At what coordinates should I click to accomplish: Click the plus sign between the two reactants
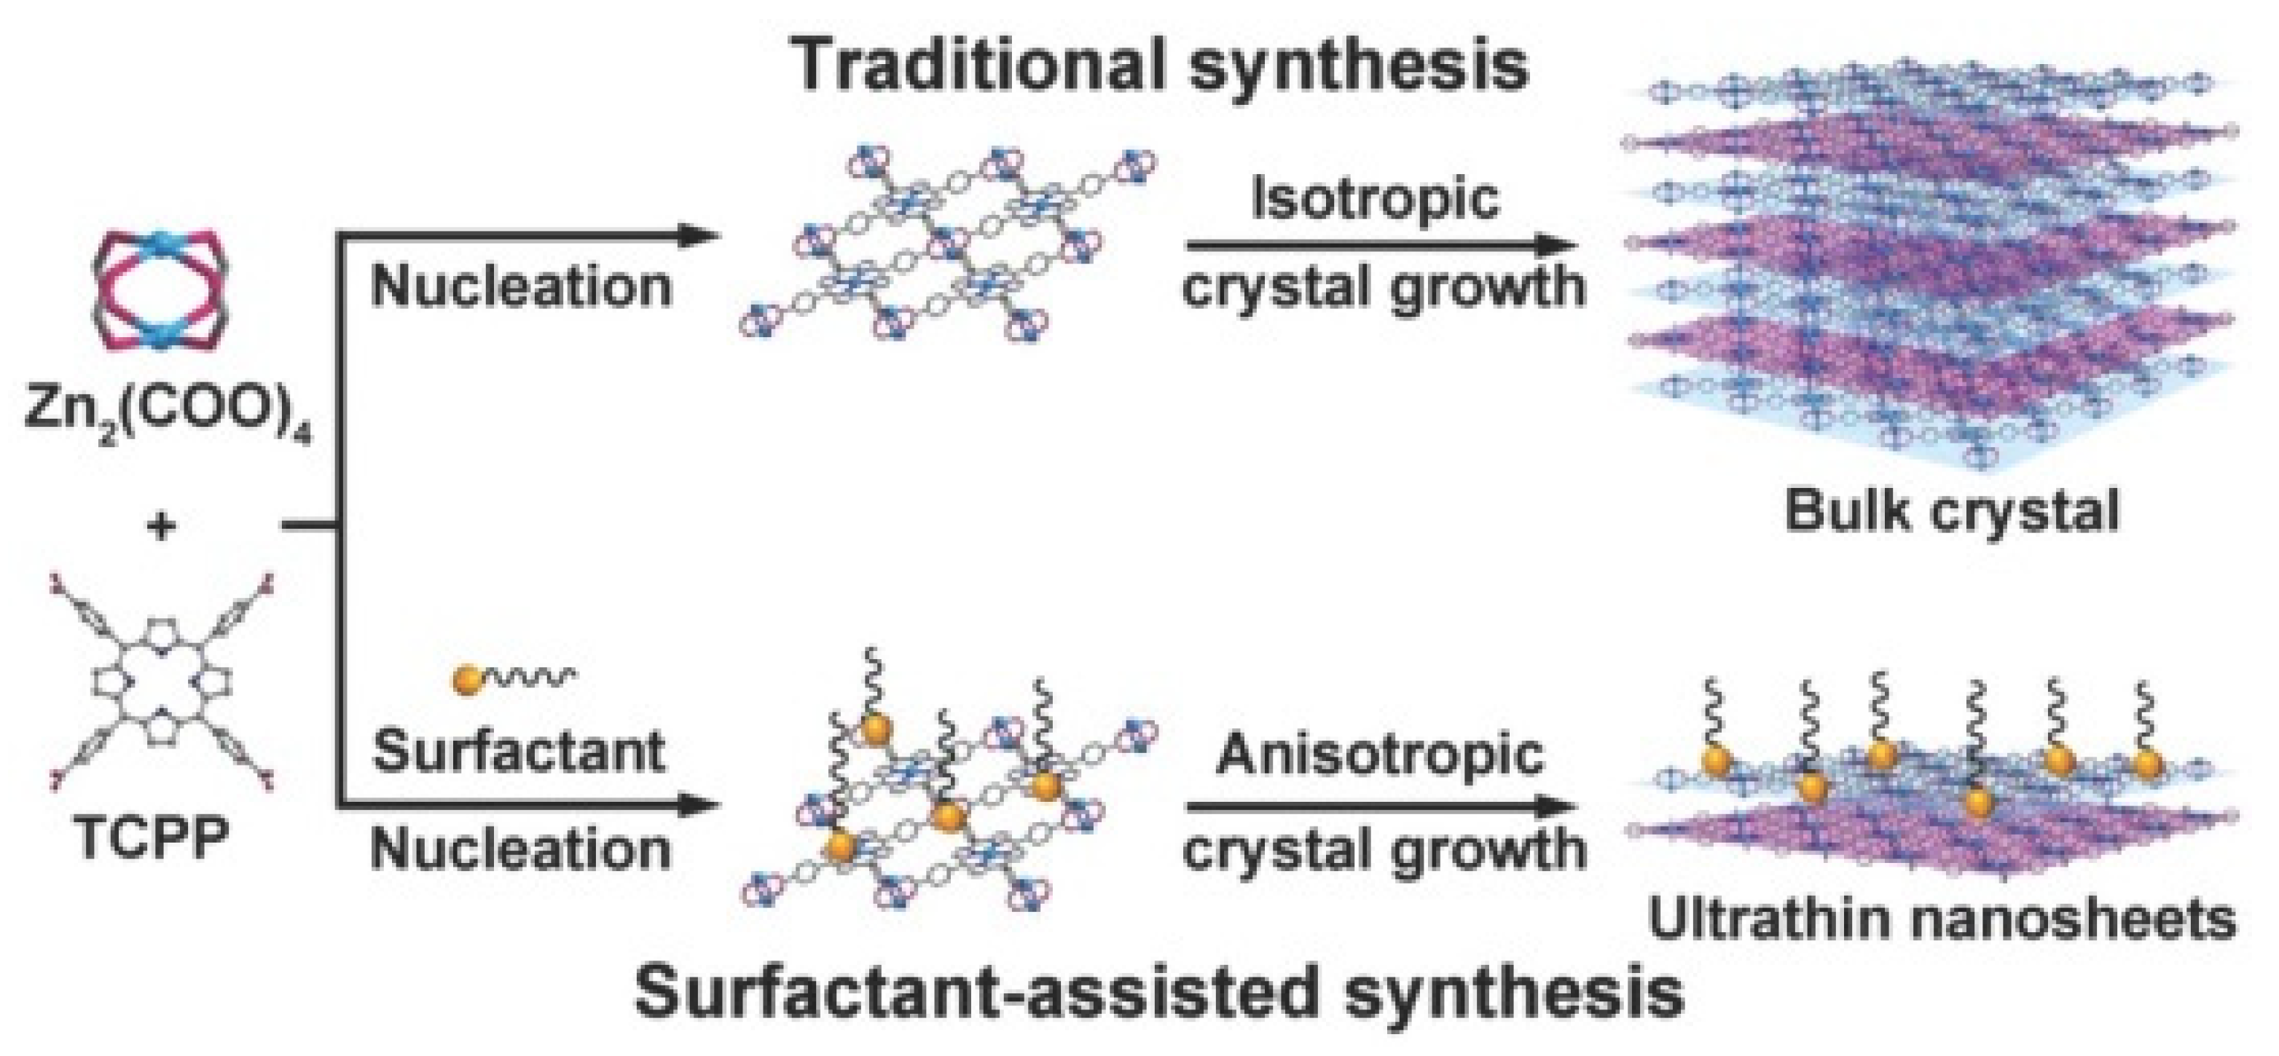coord(160,528)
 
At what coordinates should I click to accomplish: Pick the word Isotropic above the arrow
coord(1375,198)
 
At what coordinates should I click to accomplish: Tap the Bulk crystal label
coord(1952,511)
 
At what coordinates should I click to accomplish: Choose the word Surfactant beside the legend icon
coord(519,752)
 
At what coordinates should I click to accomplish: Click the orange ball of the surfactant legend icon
coord(466,679)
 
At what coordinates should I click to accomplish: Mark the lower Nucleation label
coord(521,849)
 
